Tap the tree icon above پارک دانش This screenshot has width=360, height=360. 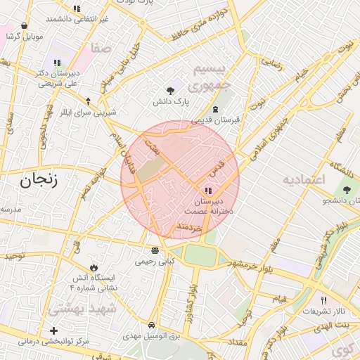click(170, 90)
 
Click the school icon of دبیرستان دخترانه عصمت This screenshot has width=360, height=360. click(207, 191)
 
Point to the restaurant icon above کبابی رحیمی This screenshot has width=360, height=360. click(155, 250)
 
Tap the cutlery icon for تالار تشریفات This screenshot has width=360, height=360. click(323, 300)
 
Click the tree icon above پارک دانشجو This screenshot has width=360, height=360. click(345, 190)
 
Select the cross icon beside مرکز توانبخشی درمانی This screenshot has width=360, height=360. click(53, 330)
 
